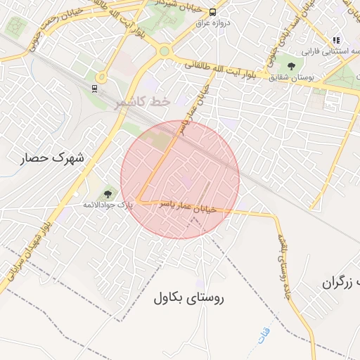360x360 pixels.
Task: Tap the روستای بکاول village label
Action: pyautogui.click(x=188, y=297)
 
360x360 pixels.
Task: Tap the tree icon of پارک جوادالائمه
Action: pyautogui.click(x=108, y=193)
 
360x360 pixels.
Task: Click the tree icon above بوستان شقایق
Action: pyautogui.click(x=291, y=66)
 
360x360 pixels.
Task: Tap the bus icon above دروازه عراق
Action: pyautogui.click(x=212, y=11)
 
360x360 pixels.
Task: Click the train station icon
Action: pyautogui.click(x=94, y=88)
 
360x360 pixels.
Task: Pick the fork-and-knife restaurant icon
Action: pyautogui.click(x=336, y=41)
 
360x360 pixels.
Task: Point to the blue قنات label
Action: pyautogui.click(x=264, y=335)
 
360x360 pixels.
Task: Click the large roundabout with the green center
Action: pyautogui.click(x=165, y=51)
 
